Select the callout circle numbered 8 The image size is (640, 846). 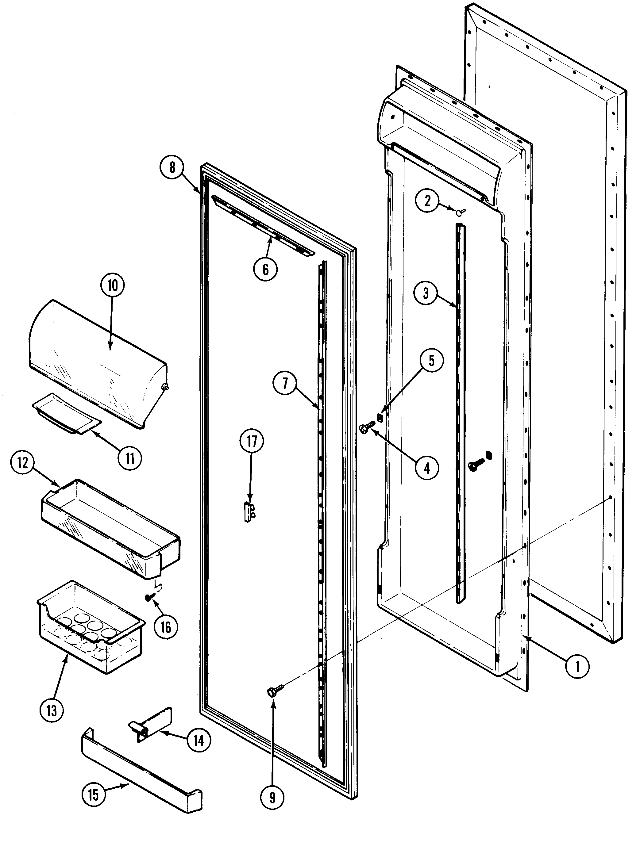pyautogui.click(x=172, y=167)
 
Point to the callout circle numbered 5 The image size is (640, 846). pyautogui.click(x=431, y=361)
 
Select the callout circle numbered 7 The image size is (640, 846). pyautogui.click(x=285, y=383)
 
